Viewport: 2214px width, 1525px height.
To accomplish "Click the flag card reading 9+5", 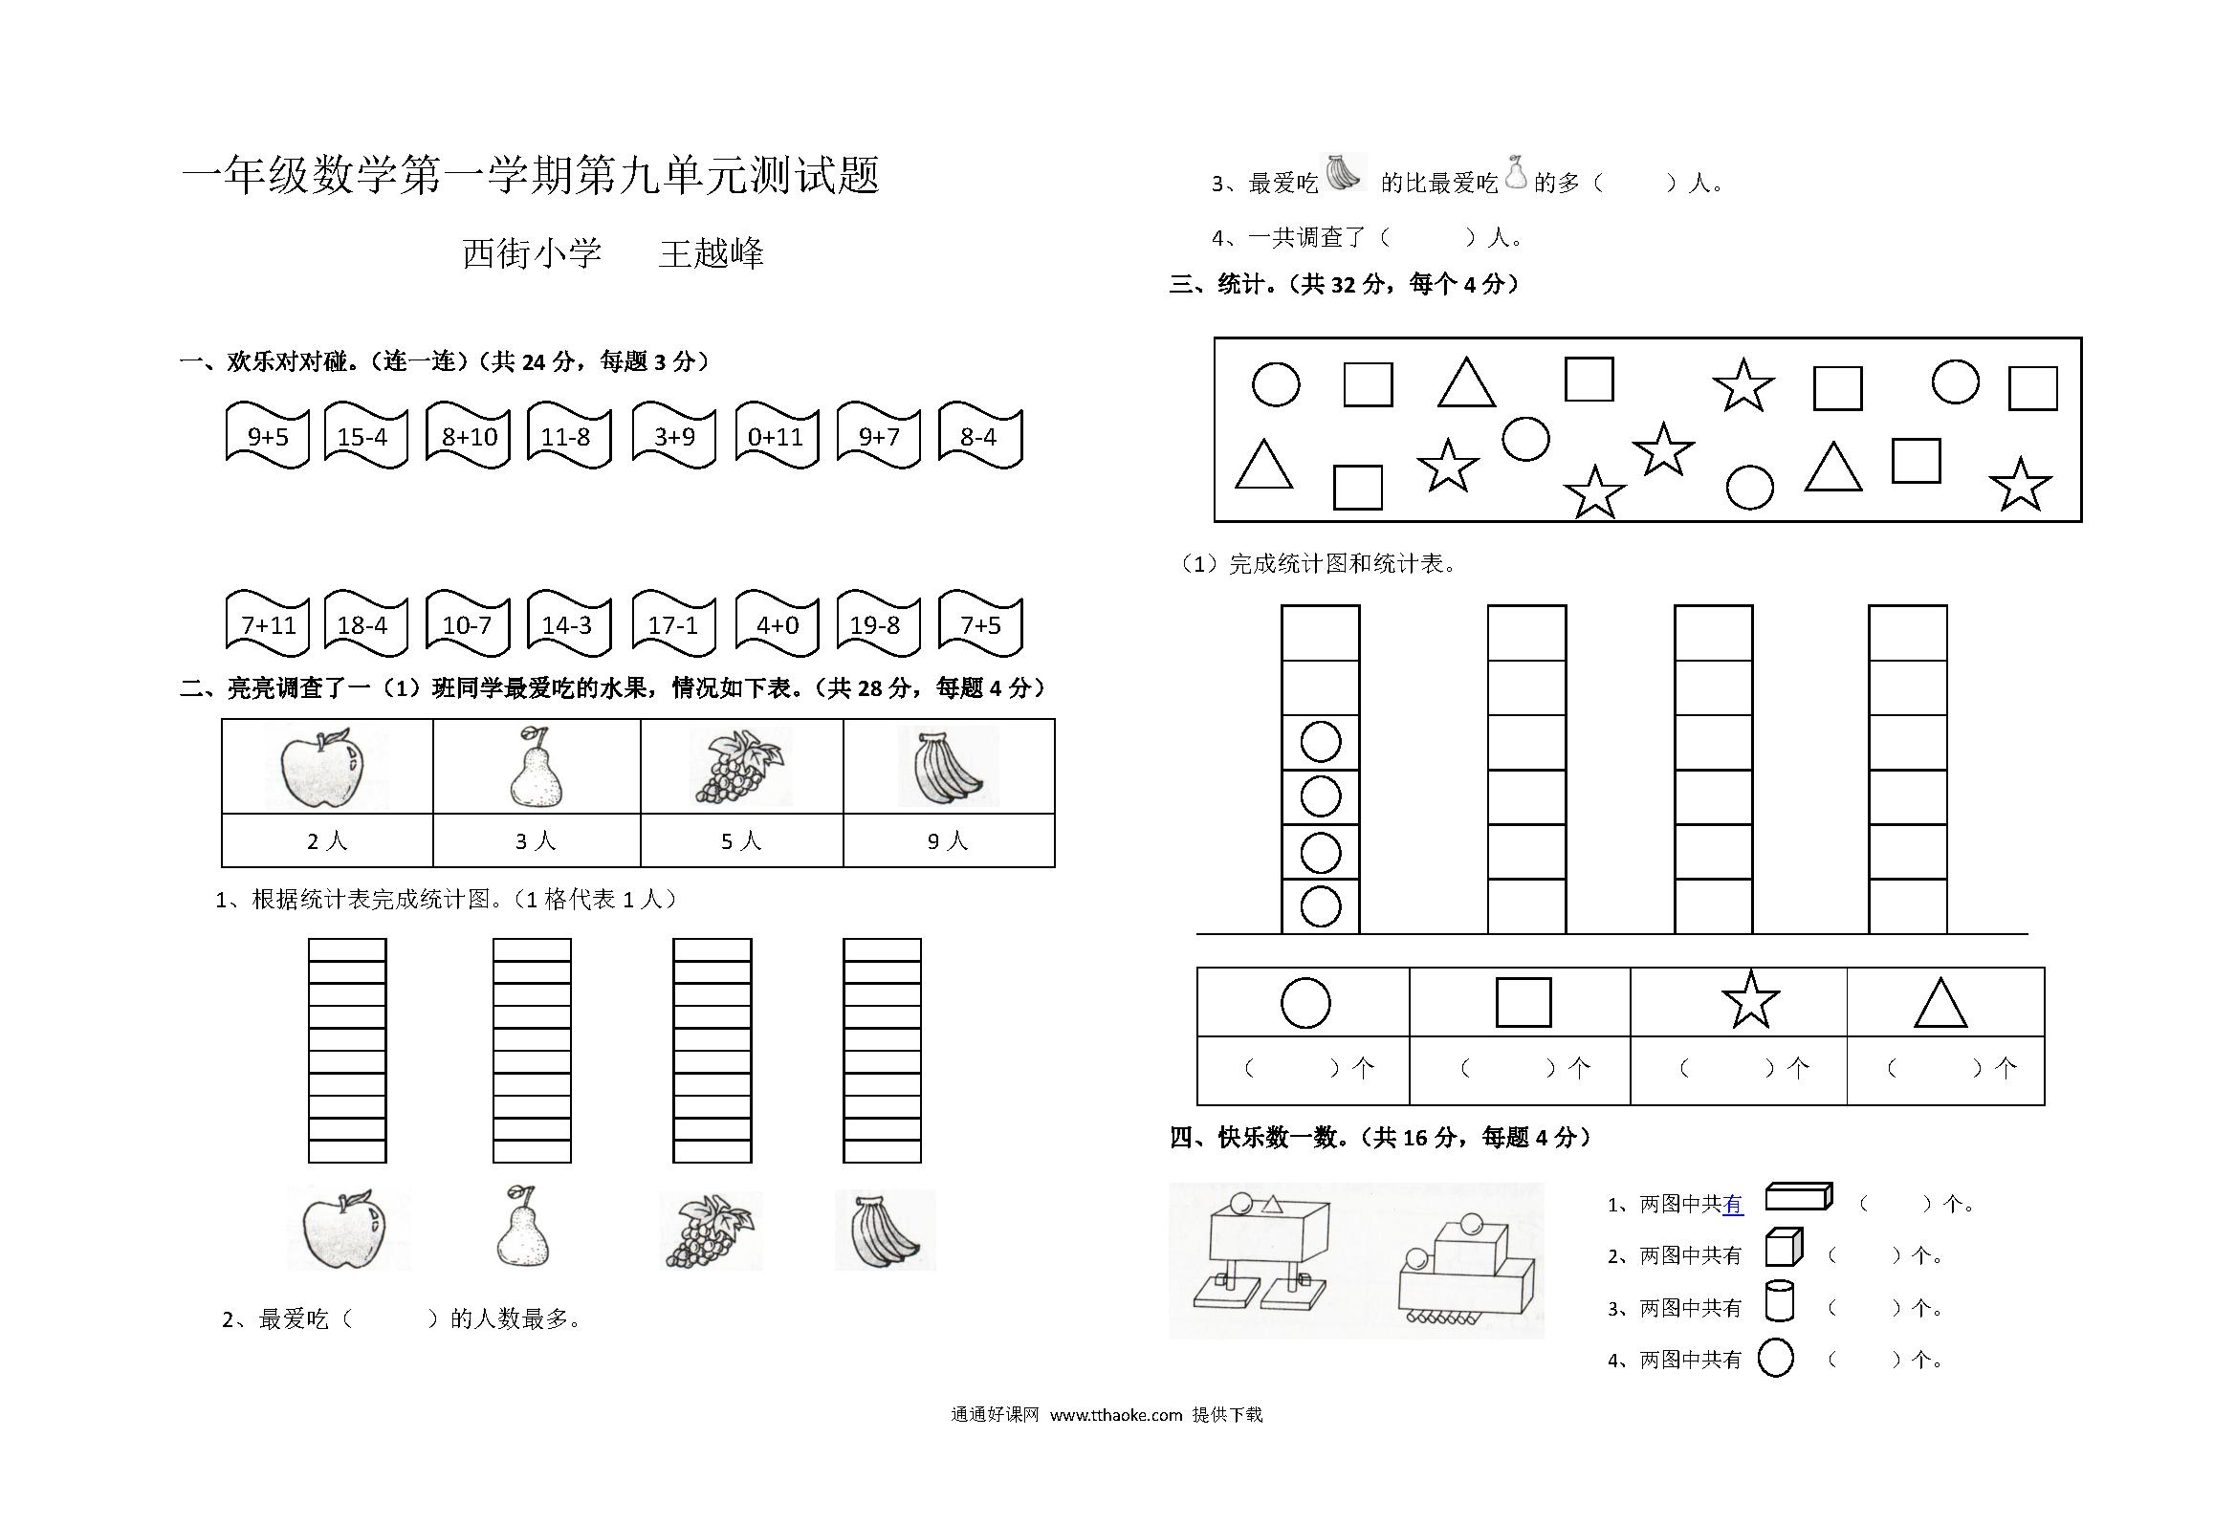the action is point(268,436).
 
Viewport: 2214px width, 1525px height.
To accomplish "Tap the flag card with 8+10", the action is point(469,436).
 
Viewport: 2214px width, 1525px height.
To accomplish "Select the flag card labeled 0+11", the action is point(777,436).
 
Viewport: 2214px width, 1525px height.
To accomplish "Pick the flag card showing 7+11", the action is point(268,624).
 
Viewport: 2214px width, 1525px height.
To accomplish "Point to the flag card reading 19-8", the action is point(878,624).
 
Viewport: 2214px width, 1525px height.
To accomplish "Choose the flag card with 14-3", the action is point(569,624).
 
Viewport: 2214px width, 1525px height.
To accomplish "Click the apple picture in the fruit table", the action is point(322,767).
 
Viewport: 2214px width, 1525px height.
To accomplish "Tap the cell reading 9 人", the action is point(948,841).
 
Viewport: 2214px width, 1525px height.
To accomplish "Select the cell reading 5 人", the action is point(741,841).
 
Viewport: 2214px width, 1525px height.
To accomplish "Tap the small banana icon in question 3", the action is point(1344,172).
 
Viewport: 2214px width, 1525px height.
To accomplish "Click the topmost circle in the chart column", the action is point(1321,742).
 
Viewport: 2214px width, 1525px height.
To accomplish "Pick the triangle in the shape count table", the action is point(1940,1002).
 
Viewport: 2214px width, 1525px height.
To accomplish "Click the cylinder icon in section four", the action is point(1779,1301).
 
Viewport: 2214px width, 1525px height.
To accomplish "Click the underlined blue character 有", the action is point(1732,1205).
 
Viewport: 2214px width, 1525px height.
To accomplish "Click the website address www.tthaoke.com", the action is point(1116,1415).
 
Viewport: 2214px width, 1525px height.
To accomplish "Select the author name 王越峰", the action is point(712,253).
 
